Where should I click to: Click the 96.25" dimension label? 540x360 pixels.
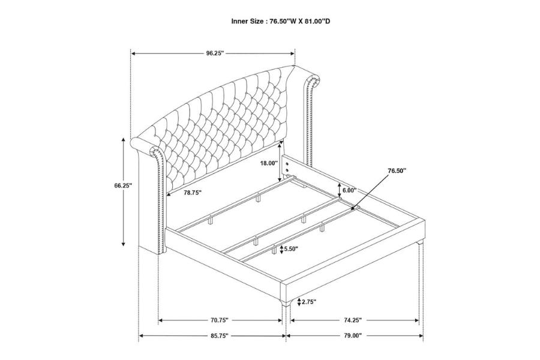pyautogui.click(x=214, y=53)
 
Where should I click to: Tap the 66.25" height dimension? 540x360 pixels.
pyautogui.click(x=123, y=186)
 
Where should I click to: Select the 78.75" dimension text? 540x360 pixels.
pyautogui.click(x=193, y=193)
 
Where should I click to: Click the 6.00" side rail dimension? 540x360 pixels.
pyautogui.click(x=349, y=190)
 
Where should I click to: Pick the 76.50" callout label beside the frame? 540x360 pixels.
pyautogui.click(x=397, y=171)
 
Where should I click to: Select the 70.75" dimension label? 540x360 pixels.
pyautogui.click(x=220, y=320)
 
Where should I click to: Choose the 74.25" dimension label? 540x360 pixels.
pyautogui.click(x=353, y=320)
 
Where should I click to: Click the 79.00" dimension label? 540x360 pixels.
pyautogui.click(x=353, y=336)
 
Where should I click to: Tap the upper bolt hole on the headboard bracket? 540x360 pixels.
pyautogui.click(x=286, y=162)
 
